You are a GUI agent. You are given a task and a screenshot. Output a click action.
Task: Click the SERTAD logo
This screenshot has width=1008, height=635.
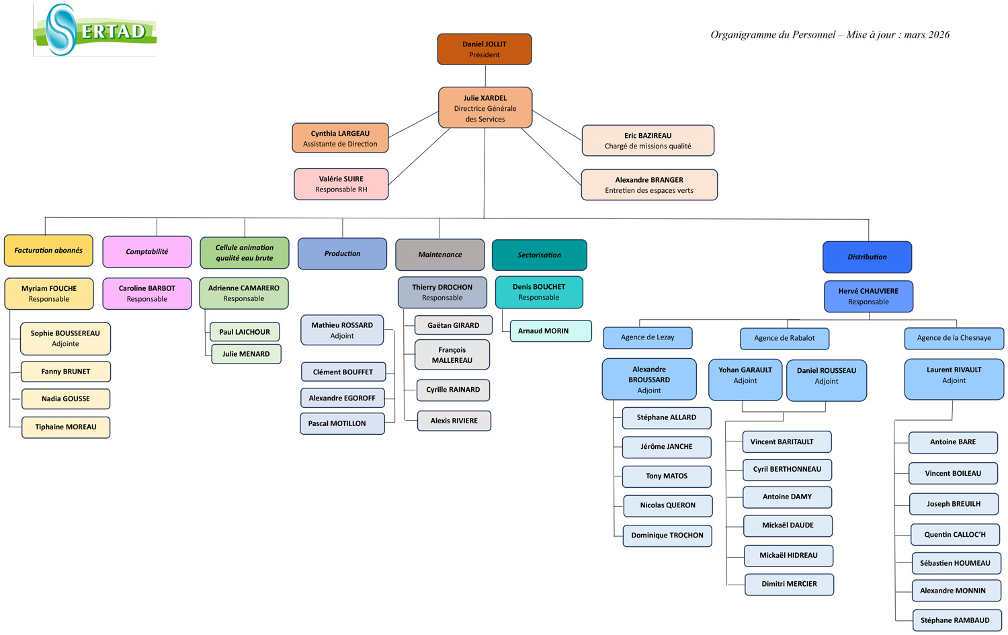tap(95, 30)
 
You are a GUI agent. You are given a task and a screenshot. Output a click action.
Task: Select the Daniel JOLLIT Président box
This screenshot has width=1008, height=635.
tap(485, 49)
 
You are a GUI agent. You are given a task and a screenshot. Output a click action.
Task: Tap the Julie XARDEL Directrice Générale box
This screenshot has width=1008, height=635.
tap(485, 108)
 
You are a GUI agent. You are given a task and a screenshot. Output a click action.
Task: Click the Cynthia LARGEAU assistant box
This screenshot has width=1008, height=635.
tap(340, 138)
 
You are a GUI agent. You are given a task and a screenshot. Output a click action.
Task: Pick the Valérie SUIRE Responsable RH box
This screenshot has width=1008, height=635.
tap(341, 184)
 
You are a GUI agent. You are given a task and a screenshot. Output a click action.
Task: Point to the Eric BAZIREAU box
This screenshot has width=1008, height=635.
tap(648, 140)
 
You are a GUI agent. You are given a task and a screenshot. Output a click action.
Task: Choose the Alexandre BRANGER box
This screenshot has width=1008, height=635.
tap(649, 185)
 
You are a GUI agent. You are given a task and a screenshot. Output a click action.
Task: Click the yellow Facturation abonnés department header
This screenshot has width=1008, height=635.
tap(48, 251)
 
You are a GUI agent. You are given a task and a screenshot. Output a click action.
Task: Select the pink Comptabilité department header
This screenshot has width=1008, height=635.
tap(147, 251)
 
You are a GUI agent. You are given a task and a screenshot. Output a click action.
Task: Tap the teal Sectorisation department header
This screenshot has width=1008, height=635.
tap(540, 255)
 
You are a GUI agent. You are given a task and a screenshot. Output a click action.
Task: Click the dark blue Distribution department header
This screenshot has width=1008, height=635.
tap(867, 257)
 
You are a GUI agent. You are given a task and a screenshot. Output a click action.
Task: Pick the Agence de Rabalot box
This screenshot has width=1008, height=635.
tap(784, 338)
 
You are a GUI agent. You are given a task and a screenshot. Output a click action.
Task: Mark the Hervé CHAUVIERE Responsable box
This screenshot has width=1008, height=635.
tap(868, 296)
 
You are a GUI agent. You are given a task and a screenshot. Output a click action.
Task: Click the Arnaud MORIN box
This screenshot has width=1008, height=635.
tap(550, 331)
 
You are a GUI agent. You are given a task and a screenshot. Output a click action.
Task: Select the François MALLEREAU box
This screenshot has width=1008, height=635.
tap(452, 355)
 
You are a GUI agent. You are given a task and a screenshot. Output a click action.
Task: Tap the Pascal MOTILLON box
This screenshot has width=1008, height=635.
tap(342, 423)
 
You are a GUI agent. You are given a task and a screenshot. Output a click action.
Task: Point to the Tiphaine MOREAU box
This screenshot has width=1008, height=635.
tap(66, 427)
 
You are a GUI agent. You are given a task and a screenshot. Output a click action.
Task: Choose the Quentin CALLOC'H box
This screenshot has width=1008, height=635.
tap(955, 534)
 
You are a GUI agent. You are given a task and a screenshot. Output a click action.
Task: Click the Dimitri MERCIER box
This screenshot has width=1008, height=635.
tap(789, 584)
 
